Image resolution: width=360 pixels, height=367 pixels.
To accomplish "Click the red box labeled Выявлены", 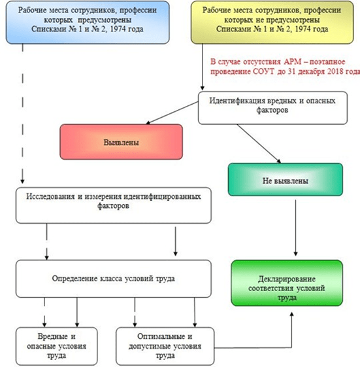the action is point(121,142).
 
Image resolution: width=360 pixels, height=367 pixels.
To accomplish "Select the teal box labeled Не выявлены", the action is point(286,179).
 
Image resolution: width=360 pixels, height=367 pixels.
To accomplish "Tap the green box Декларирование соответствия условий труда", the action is point(287,283).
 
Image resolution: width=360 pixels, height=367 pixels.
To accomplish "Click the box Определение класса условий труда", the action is point(114,279).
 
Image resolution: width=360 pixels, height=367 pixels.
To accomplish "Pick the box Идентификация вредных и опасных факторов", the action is point(272,108).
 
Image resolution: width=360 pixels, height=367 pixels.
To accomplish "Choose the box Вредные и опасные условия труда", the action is point(57,346).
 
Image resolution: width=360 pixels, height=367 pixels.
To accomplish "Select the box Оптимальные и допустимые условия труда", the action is point(165,346).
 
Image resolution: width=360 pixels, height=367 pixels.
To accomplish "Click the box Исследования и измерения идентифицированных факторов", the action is point(114,205).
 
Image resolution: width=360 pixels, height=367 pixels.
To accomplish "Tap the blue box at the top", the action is point(88,22).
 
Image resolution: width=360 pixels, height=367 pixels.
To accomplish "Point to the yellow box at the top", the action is point(272,22).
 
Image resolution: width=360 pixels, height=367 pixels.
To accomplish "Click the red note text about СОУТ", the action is point(286,67).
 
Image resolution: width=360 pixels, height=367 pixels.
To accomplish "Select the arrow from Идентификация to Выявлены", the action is point(172,113).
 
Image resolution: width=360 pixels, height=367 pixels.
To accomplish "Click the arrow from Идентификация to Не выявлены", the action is point(259,143).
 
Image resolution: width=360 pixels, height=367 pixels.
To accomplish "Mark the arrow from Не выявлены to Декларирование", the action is point(296,228).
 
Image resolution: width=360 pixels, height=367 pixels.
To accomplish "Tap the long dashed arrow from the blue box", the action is point(22,114).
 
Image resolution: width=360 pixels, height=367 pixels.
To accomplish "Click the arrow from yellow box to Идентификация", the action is point(203,67).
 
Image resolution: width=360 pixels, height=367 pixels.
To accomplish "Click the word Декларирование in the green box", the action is point(287,279).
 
